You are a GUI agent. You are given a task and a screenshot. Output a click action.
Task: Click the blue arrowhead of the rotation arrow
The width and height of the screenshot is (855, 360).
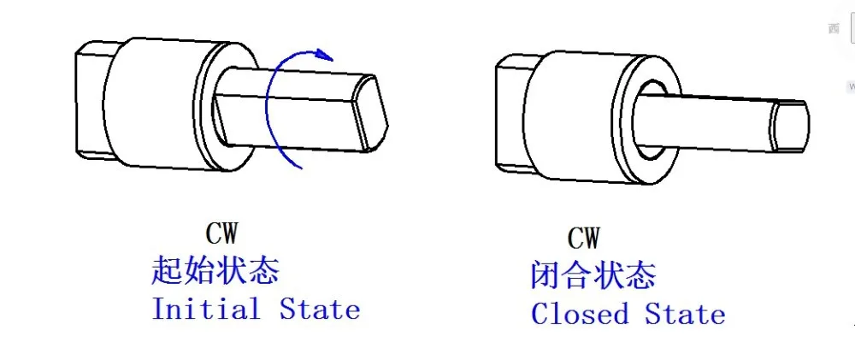point(323,56)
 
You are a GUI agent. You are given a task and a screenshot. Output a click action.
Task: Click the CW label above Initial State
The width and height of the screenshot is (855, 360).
point(221,233)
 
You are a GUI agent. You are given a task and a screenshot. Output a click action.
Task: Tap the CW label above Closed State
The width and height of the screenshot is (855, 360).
point(583,237)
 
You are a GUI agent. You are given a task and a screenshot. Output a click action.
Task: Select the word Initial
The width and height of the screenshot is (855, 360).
point(206,309)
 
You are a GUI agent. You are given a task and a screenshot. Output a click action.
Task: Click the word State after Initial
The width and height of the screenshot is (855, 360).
point(320,309)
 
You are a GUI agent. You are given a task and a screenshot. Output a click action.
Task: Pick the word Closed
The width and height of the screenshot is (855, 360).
point(577,314)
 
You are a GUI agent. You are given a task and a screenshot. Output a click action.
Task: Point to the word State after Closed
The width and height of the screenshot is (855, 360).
point(685,314)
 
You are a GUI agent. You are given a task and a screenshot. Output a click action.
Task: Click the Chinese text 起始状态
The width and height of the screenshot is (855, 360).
point(215,272)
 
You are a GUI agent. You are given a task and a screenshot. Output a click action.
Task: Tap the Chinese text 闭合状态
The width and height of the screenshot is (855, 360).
point(593,275)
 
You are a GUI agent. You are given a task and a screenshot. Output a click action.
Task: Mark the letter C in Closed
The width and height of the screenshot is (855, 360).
point(540,314)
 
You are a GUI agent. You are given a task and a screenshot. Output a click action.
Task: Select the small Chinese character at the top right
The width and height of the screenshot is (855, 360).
point(834,28)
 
